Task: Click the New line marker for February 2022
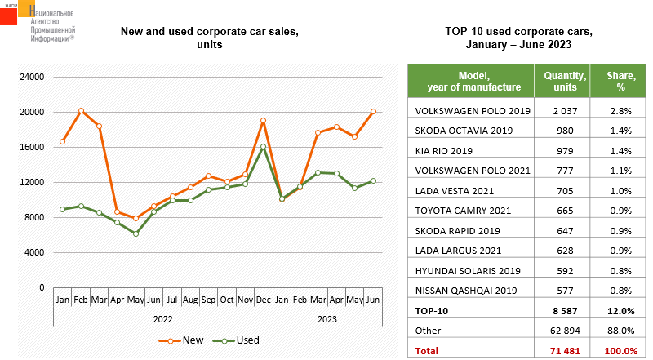[81, 110]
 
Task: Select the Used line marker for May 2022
[135, 233]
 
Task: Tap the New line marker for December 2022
[263, 121]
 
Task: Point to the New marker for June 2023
[373, 111]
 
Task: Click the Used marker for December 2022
[263, 147]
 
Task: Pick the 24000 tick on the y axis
[32, 78]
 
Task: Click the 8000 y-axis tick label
[34, 218]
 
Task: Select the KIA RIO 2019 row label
[445, 150]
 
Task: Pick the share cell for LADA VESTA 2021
[620, 190]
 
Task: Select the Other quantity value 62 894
[562, 330]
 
